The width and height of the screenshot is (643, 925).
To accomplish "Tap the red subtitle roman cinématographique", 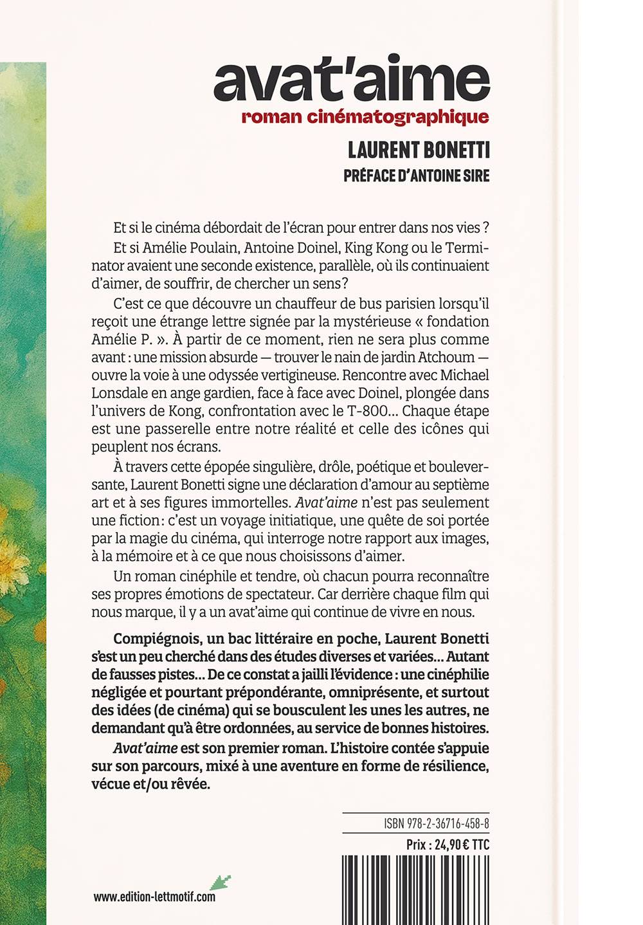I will point(365,117).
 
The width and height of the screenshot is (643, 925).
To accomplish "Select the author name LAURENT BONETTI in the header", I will point(419,151).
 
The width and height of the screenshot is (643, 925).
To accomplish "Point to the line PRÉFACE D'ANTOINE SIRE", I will point(417,176).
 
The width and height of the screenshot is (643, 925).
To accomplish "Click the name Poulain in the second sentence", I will point(208,248).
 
